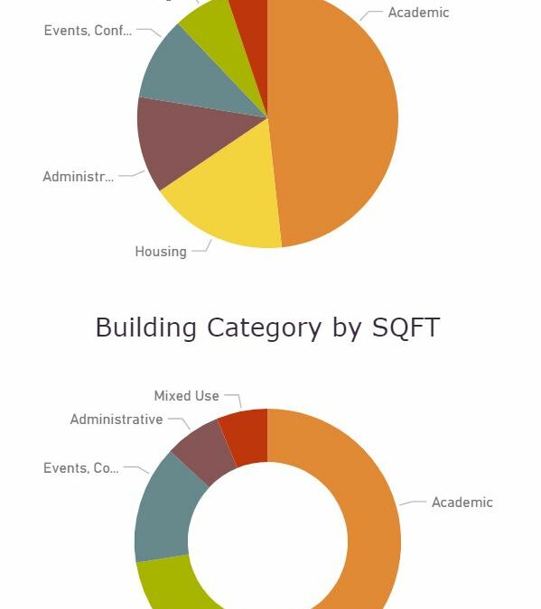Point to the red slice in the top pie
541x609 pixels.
pos(250,11)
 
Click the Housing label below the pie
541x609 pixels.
pos(161,252)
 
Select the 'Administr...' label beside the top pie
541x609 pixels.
pos(79,177)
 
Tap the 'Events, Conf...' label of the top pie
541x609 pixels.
pos(88,31)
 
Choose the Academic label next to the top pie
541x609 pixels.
pos(418,13)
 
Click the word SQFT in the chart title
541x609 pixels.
pos(406,328)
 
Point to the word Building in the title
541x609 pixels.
pos(147,328)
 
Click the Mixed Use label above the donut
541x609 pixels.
pos(186,396)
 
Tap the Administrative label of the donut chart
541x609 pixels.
pos(117,420)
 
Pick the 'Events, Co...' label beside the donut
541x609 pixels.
pos(81,468)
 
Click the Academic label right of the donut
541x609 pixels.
pos(462,503)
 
